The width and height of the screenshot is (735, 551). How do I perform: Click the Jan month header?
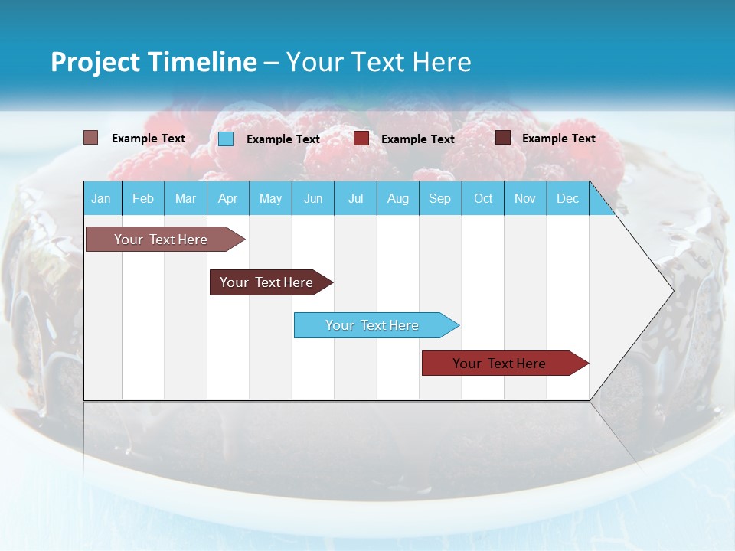click(x=101, y=198)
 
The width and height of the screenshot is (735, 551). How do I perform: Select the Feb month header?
click(x=143, y=198)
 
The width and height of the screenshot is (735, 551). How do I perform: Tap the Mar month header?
click(x=185, y=198)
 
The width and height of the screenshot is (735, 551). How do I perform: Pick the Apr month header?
click(x=228, y=198)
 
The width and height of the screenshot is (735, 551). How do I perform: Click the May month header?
click(x=270, y=198)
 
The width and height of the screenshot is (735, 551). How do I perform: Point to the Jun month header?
click(x=313, y=198)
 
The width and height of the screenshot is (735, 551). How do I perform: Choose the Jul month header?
click(x=355, y=198)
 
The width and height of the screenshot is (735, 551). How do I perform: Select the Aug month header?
click(x=398, y=198)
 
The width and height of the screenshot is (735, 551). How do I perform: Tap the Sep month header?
click(x=440, y=198)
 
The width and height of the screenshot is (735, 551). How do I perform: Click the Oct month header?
click(x=483, y=198)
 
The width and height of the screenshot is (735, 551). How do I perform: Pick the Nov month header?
click(x=525, y=198)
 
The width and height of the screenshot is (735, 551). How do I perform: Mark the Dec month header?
click(x=568, y=198)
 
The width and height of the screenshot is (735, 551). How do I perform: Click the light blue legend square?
click(x=226, y=139)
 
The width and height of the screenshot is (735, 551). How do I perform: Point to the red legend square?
click(x=361, y=139)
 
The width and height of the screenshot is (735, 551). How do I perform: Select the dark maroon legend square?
click(x=503, y=138)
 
